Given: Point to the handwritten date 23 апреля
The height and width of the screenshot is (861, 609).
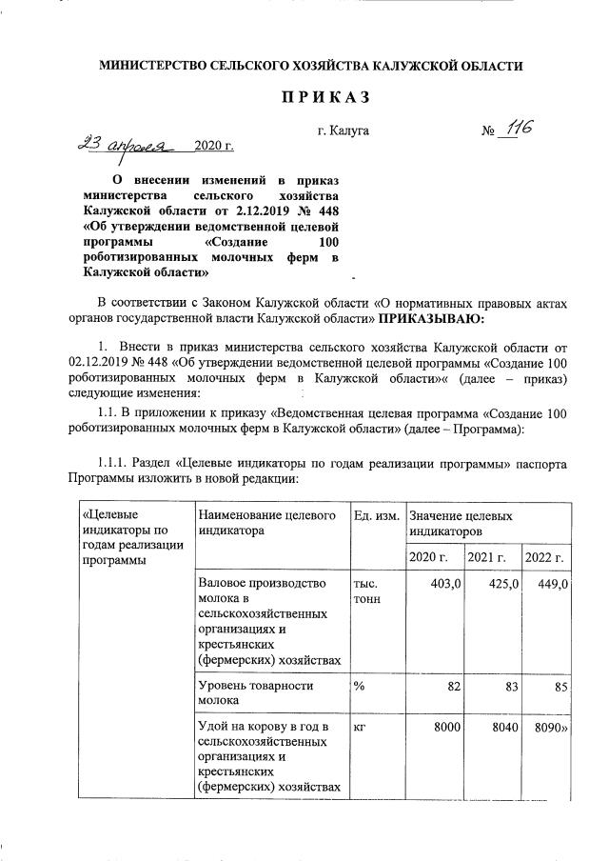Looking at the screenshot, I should tap(126, 146).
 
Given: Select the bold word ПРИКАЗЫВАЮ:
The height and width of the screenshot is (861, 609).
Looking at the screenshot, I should tap(432, 316).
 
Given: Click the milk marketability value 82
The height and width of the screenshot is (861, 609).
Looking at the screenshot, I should tap(453, 686).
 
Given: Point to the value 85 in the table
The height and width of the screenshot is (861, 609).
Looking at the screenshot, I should tap(560, 686).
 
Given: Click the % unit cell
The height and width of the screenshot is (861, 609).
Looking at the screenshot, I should tap(360, 686).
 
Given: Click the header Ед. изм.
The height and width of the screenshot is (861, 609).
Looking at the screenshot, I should tap(375, 515).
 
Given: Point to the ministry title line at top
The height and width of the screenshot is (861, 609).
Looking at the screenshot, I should tap(311, 64).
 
